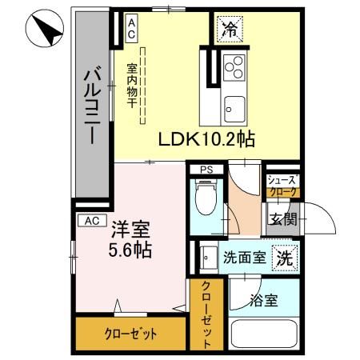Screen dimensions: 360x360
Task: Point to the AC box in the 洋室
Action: (x=91, y=220)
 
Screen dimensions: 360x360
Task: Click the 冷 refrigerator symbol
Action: (x=230, y=31)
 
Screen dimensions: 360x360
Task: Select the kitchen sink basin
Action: (x=235, y=105)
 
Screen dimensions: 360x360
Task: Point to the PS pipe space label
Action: (x=206, y=170)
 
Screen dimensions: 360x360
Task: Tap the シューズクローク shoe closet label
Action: (x=282, y=186)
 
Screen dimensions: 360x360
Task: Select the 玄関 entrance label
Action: (x=282, y=219)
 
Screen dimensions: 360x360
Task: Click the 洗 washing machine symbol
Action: (x=284, y=258)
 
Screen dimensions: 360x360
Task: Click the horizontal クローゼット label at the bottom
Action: (x=129, y=334)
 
